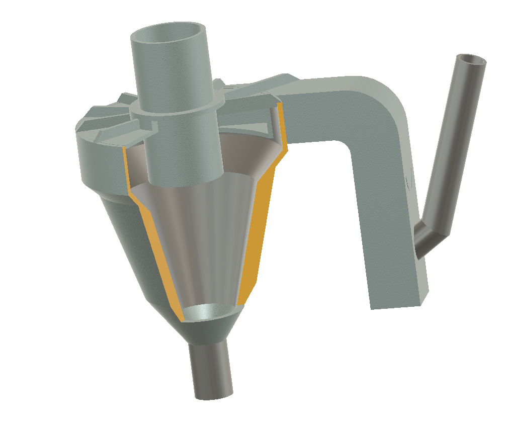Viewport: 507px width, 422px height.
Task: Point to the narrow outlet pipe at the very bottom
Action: [211, 372]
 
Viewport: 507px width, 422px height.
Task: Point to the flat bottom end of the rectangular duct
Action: [400, 301]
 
